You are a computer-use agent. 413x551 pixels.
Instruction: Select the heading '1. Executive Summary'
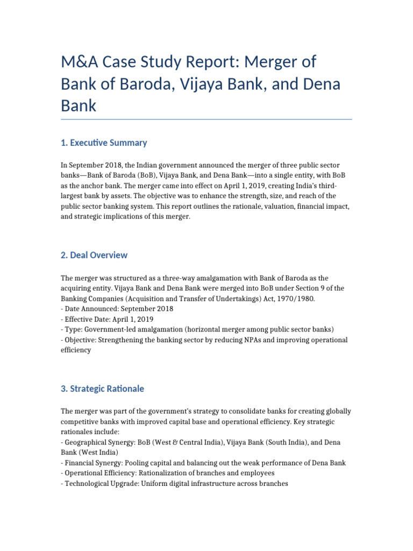tap(104, 143)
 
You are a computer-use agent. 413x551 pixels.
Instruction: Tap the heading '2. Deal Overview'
tap(94, 255)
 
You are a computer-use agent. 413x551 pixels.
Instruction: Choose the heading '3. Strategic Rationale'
tap(102, 388)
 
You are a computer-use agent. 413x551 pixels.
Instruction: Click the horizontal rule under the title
tap(206, 119)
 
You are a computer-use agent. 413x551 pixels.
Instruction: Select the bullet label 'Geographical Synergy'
tap(99, 442)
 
